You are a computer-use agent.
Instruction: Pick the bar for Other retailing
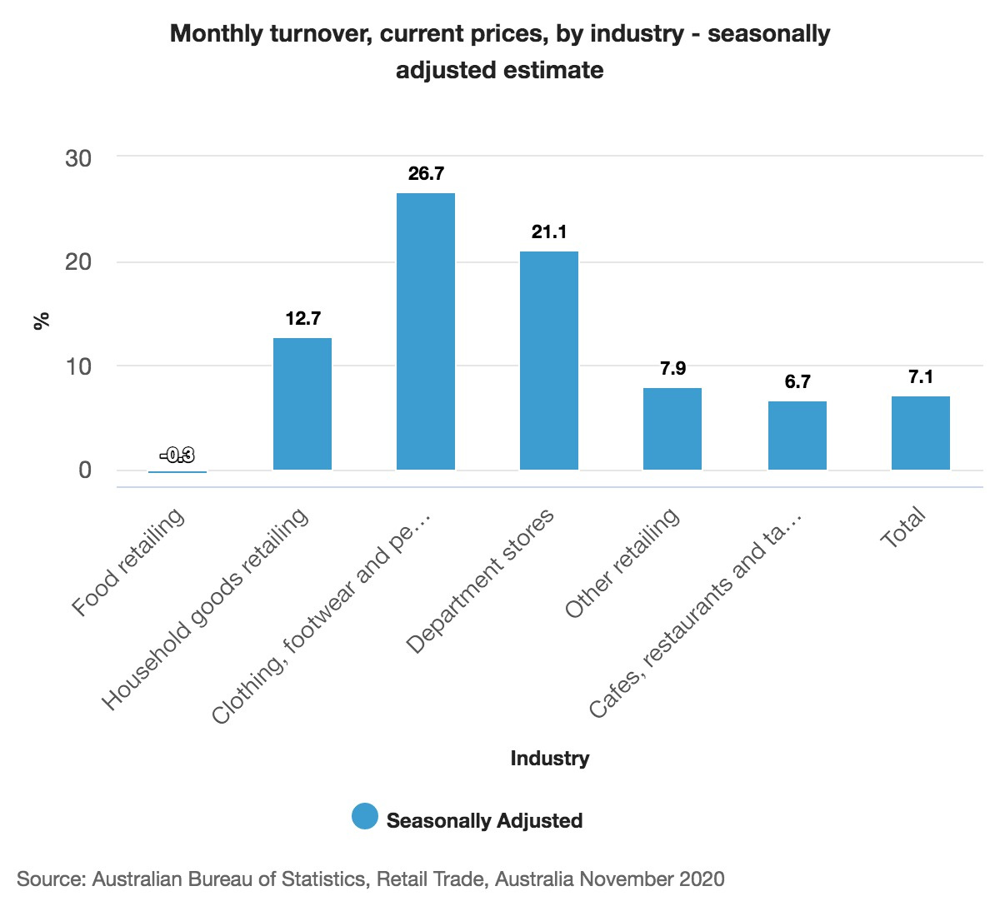tap(672, 429)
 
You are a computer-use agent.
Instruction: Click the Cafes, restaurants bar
tap(797, 436)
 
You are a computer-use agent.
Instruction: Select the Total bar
tap(921, 433)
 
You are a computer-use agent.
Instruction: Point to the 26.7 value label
tap(426, 174)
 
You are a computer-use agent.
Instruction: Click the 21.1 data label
tap(549, 232)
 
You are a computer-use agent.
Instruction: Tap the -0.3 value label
tap(177, 455)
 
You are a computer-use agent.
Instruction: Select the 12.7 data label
tap(302, 319)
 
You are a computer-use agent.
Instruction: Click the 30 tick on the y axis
tap(78, 158)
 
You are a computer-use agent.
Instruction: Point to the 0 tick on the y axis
tap(85, 470)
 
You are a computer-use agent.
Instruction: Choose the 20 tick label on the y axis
tap(78, 262)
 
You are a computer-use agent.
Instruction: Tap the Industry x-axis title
tap(549, 759)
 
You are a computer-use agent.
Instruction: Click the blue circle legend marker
tap(365, 817)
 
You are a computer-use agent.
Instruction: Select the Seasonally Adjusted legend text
tap(484, 821)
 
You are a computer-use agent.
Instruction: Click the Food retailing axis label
tap(128, 562)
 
